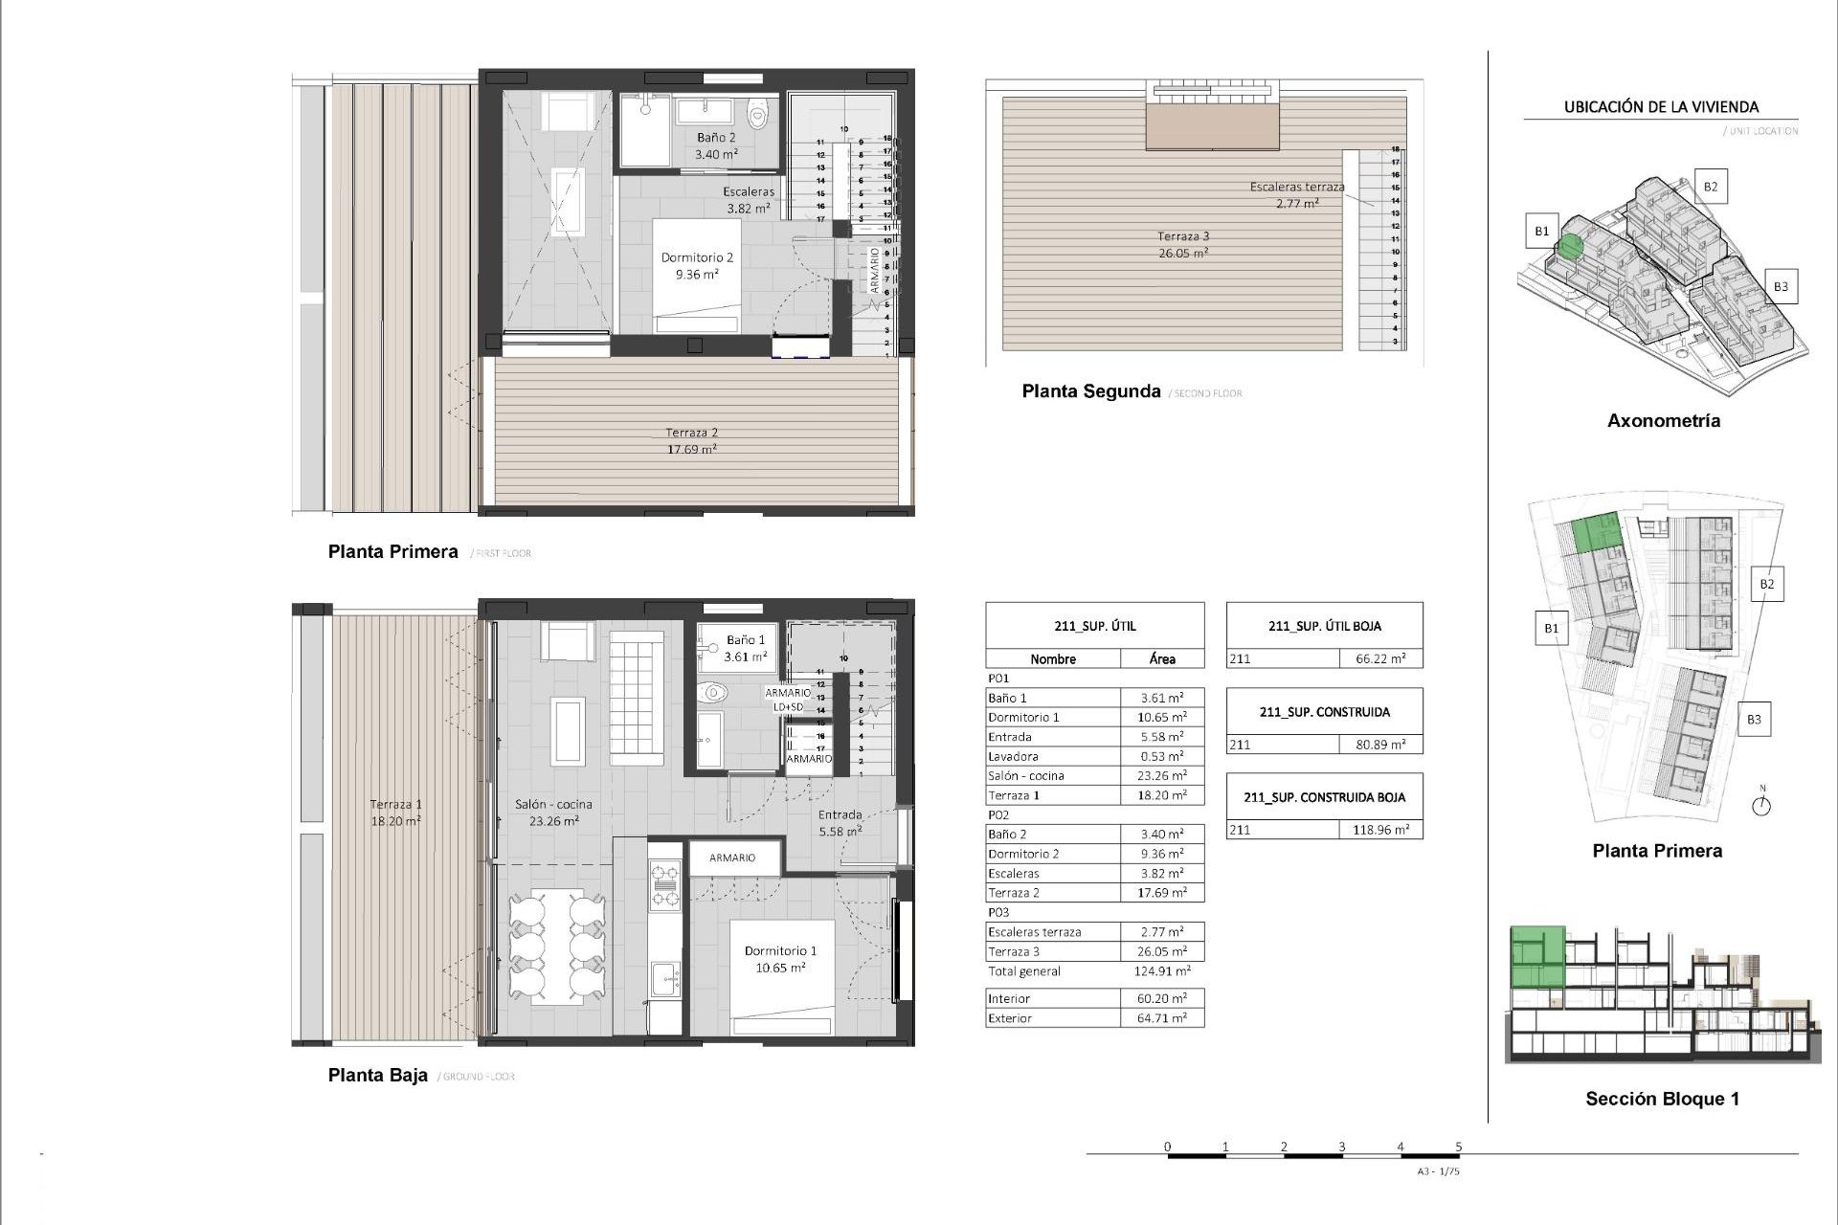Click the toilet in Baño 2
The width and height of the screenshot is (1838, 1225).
758,117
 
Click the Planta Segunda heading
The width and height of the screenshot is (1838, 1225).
1090,391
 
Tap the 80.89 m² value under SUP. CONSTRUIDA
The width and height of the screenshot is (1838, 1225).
1379,745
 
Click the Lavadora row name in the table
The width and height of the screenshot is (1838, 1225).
1013,756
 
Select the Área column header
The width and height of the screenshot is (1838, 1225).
1162,659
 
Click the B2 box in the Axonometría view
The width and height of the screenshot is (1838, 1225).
1710,187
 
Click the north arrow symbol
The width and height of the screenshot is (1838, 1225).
1761,806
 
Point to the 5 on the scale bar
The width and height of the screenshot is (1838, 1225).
1458,1146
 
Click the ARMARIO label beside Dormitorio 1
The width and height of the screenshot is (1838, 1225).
732,857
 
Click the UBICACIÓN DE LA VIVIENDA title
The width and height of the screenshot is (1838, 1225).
1661,107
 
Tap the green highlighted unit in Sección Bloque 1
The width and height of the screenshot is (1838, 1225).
1536,959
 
